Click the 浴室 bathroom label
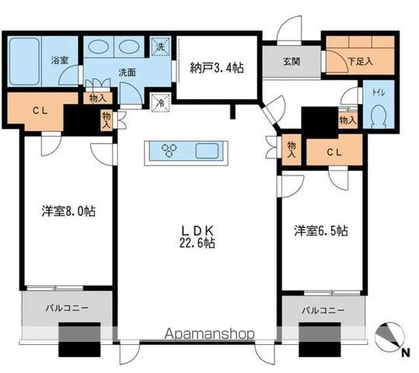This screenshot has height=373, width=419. coord(59,60)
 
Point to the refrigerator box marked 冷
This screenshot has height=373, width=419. coord(159,102)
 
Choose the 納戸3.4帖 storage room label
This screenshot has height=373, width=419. coord(217,68)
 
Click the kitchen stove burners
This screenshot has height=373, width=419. coord(169,150)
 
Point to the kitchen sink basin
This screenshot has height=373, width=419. coord(208,150)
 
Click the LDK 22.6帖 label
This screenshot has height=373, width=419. coord(200,235)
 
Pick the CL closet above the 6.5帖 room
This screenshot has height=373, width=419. coord(333,152)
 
